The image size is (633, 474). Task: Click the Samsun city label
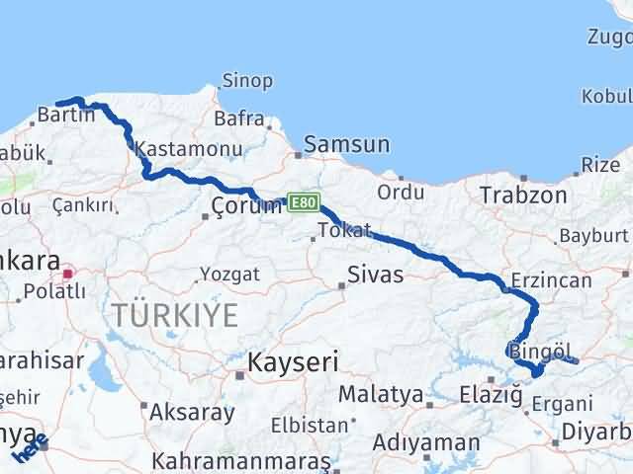346,144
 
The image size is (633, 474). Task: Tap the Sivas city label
375,275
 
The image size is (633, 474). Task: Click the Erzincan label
551,280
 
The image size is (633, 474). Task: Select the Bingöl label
541,351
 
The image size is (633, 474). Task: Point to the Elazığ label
491,395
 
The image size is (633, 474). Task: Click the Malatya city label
381,395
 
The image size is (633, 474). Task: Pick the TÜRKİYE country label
174,315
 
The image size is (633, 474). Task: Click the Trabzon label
523,195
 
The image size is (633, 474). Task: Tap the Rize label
601,165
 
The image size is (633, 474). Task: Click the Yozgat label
229,274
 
